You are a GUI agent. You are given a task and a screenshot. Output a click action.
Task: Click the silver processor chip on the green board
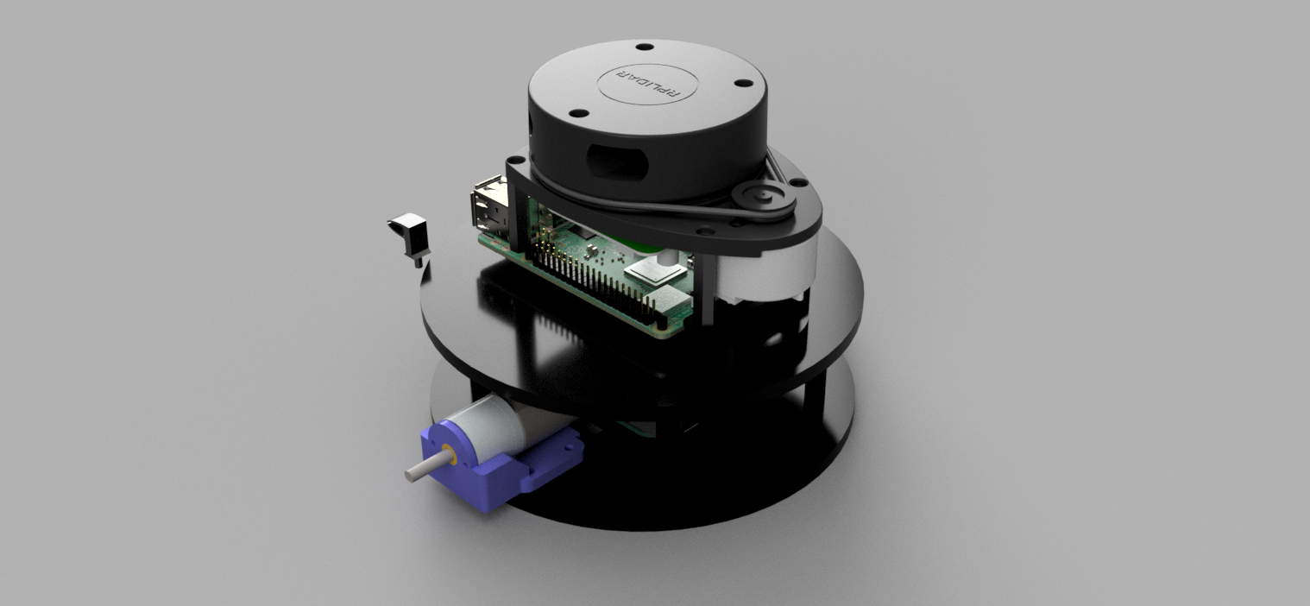pyautogui.click(x=658, y=274)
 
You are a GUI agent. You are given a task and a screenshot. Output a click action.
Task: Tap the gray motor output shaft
pyautogui.click(x=422, y=469)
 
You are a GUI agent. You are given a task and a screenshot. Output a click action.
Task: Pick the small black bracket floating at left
pyautogui.click(x=409, y=233)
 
